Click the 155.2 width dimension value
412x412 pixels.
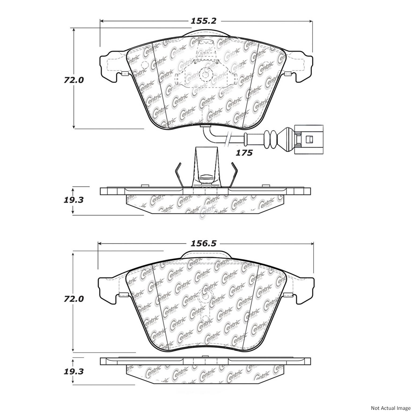click(x=203, y=21)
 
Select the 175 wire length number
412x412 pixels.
click(x=244, y=153)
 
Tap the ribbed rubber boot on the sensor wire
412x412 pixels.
click(x=269, y=139)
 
